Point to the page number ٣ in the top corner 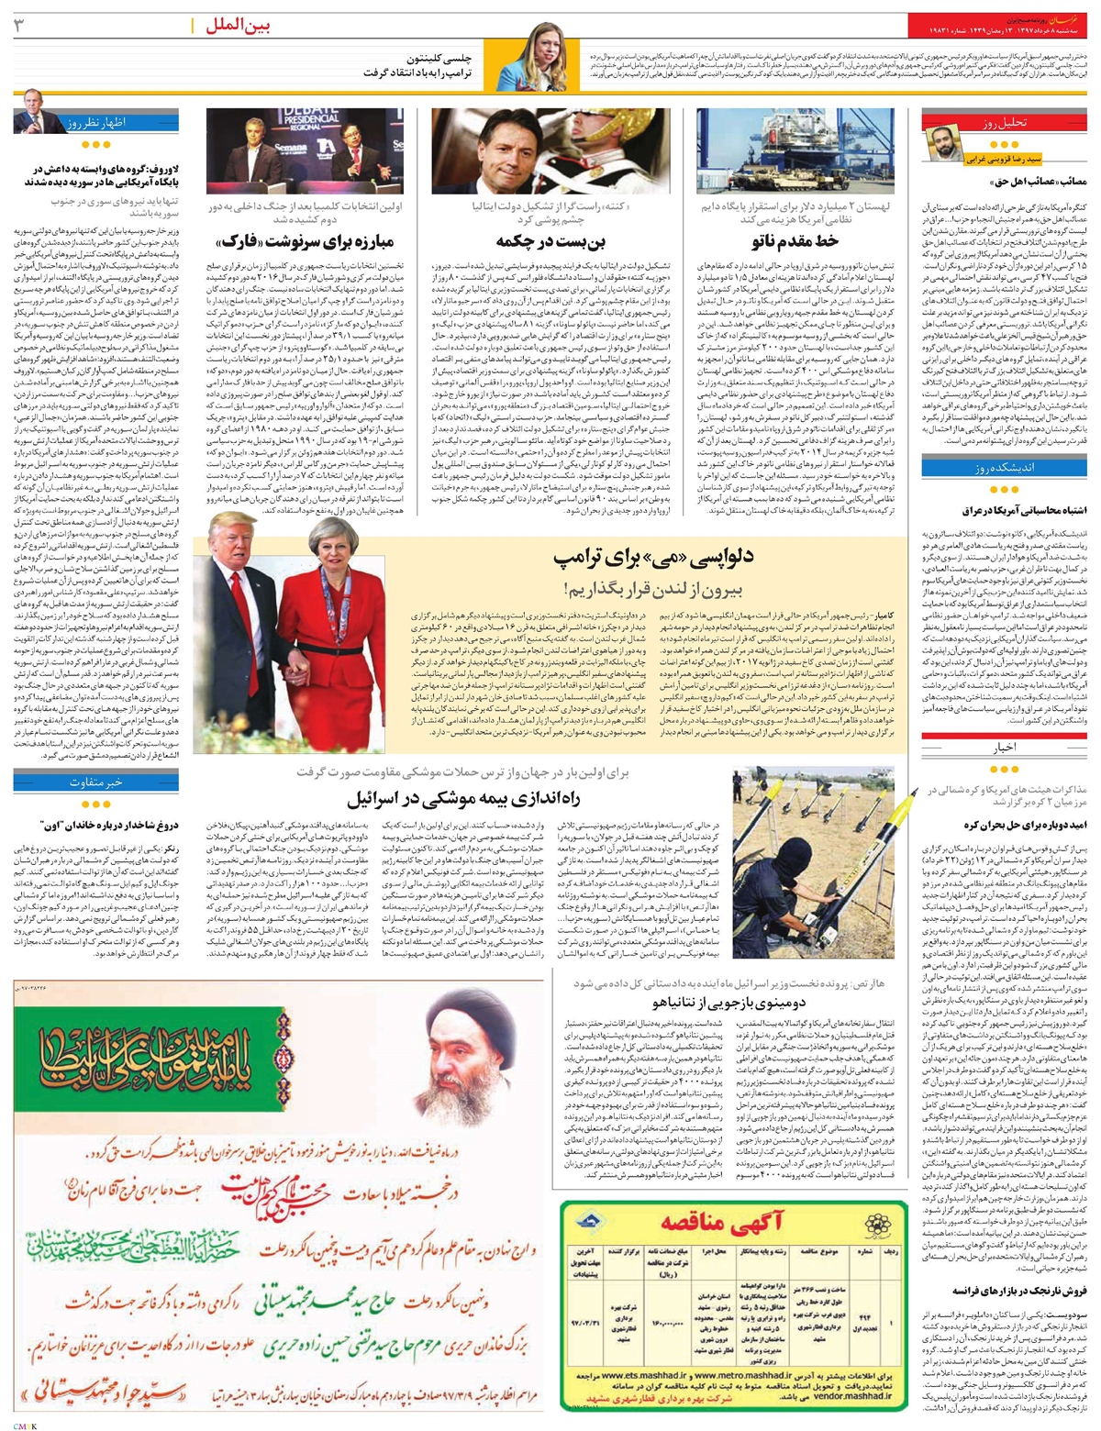coord(18,26)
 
